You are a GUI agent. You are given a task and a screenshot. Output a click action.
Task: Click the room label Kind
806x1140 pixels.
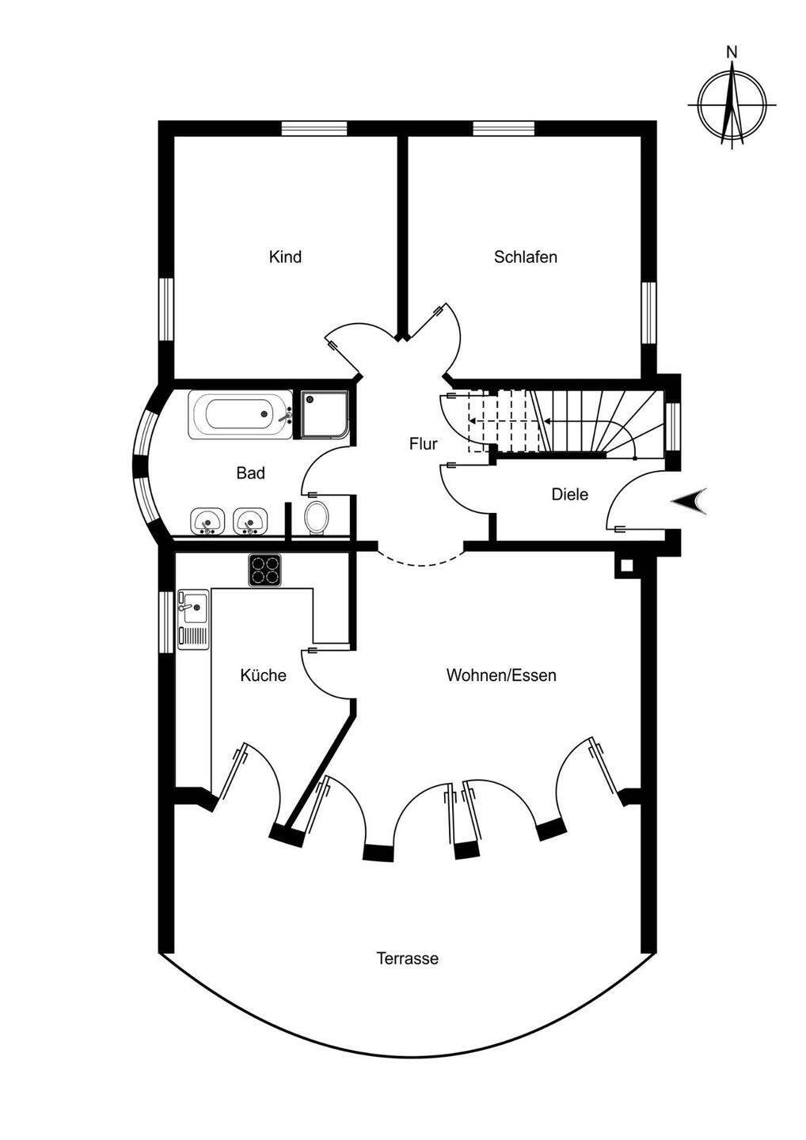pos(285,257)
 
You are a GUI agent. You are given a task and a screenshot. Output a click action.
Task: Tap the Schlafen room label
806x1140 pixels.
pos(525,257)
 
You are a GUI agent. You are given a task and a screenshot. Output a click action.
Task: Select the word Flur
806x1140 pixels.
pos(423,444)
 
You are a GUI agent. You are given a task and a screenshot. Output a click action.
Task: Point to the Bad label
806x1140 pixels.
pos(250,473)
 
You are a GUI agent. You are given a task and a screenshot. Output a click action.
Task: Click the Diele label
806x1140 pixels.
pos(569,495)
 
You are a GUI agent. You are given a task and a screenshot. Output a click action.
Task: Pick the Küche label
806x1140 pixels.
pos(263,675)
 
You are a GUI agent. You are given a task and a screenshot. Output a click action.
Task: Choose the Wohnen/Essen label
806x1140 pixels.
pos(501,675)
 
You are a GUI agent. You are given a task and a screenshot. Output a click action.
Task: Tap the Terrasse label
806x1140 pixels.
pos(407,959)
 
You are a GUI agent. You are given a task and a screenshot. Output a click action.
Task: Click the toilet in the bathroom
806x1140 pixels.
pos(317,518)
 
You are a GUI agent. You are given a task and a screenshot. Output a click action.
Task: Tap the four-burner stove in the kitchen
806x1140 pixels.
pos(266,570)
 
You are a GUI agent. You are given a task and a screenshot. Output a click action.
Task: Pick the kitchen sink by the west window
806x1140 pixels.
pos(192,618)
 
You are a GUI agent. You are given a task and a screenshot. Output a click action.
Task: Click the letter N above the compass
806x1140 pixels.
pos(732,52)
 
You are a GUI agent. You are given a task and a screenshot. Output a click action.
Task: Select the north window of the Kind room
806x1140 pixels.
pos(314,128)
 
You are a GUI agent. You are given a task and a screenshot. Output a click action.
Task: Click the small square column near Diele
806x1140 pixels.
pos(626,565)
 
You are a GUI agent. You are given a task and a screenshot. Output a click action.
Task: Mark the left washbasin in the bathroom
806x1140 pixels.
pos(208,521)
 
